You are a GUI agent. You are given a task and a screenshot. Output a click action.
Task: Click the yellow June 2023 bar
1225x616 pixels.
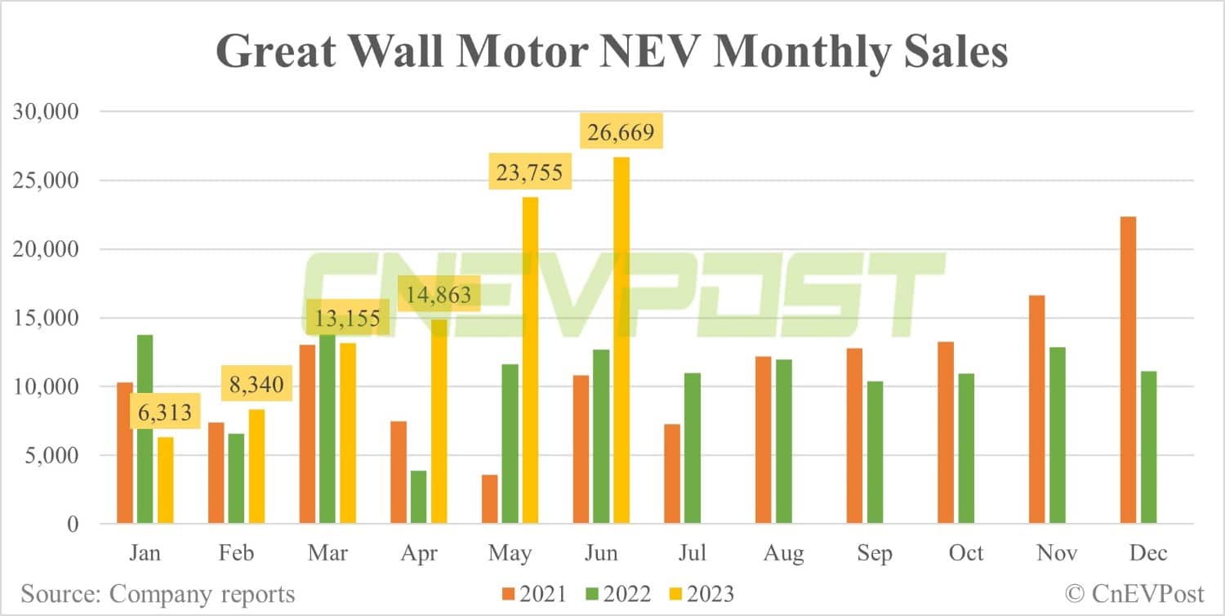[x=621, y=340]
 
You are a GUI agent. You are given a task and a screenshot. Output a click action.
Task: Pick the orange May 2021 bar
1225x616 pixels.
[x=490, y=499]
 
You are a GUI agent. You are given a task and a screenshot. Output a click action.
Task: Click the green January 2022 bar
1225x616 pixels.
[x=145, y=429]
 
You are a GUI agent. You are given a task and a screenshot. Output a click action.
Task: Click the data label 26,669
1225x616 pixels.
[x=620, y=132]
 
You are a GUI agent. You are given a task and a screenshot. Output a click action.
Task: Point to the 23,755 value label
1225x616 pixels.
[x=529, y=173]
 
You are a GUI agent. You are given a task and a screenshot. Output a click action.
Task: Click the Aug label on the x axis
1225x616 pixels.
[x=783, y=553]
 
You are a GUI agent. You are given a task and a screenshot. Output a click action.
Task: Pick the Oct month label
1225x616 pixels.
[x=966, y=553]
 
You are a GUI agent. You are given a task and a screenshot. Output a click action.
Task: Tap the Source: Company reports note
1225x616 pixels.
[x=158, y=594]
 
